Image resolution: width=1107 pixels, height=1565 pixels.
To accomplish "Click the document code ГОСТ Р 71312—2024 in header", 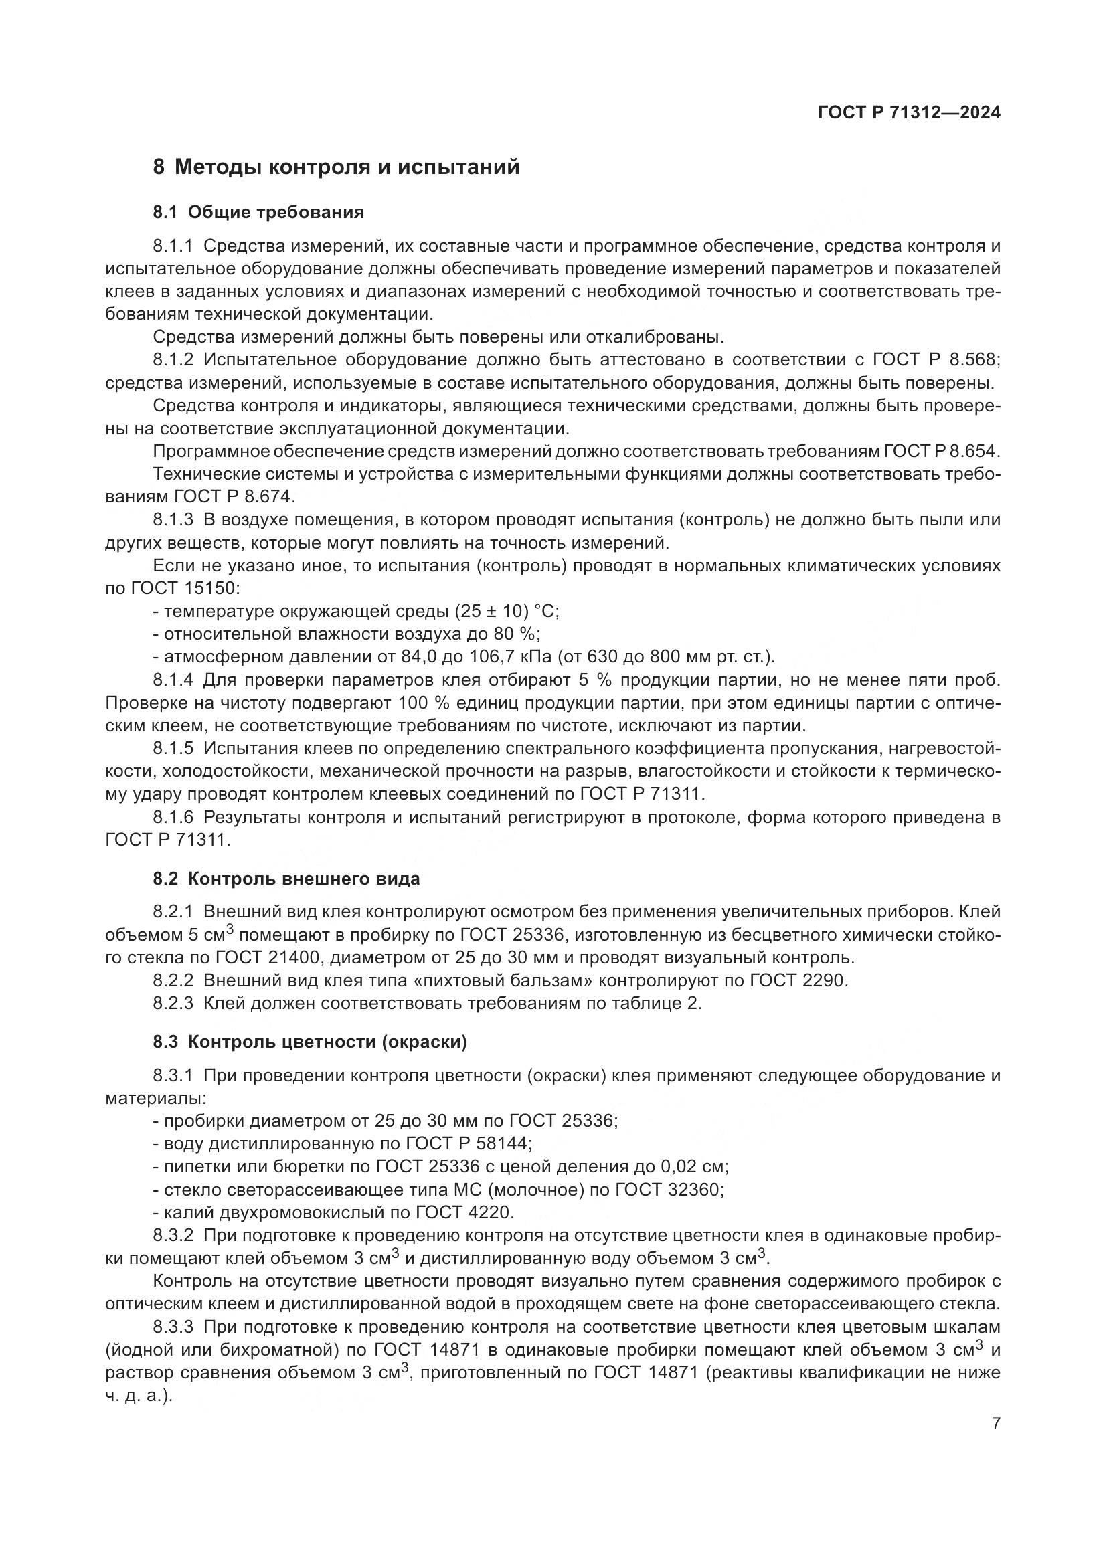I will tap(909, 113).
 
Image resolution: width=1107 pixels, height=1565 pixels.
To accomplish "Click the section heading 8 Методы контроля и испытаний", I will tap(336, 167).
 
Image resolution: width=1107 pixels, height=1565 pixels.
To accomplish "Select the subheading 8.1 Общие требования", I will tap(258, 213).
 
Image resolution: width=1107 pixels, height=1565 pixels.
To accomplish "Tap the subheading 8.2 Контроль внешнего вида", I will tap(286, 879).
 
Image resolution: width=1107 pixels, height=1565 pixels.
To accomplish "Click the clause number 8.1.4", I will tap(173, 680).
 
